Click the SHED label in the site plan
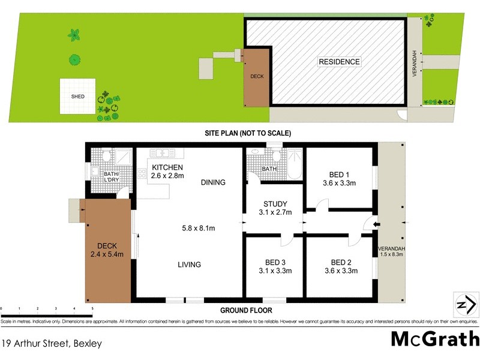point(77,97)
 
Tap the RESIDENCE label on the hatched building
point(339,62)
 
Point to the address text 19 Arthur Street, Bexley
point(52,344)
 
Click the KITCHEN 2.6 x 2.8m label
point(167,171)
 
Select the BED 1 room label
point(340,179)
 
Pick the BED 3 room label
point(275,266)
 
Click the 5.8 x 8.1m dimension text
point(199,228)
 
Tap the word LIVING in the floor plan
point(188,265)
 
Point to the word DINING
point(213,183)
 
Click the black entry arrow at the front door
point(376,225)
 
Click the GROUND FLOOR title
point(246,311)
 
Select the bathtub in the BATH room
point(295,163)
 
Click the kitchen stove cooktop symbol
point(142,174)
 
